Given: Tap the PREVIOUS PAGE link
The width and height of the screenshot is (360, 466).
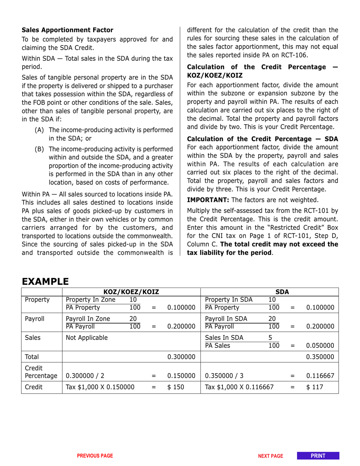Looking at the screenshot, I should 95,456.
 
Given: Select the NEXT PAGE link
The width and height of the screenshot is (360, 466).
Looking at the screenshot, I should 271,456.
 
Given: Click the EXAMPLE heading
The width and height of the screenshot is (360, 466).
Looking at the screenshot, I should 45,281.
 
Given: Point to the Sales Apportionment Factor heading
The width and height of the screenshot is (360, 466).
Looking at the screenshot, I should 67,30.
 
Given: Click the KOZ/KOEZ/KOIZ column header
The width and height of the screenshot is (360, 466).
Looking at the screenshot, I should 131,292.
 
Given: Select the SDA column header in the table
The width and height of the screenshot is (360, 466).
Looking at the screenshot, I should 282,292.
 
